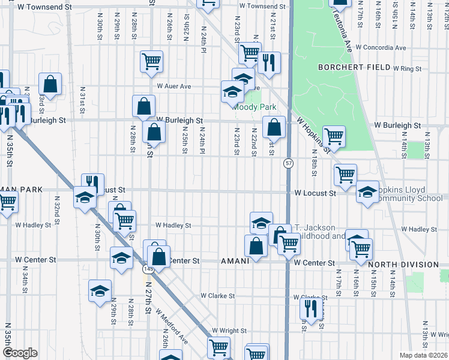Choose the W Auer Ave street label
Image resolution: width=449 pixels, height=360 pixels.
pos(173,86)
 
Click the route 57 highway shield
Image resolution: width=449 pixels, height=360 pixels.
pos(289,163)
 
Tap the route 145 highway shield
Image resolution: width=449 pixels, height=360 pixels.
pos(147,271)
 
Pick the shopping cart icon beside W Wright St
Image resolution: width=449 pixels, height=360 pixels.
pos(218,347)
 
